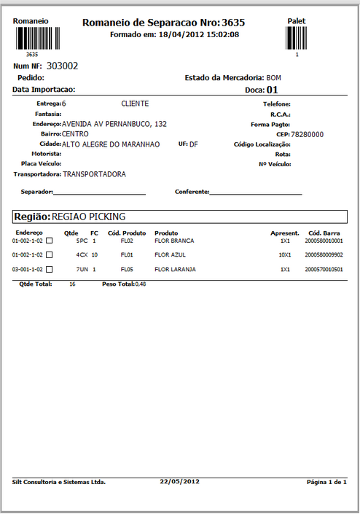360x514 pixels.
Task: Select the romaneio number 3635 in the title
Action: (232, 23)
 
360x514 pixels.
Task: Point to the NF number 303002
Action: (62, 66)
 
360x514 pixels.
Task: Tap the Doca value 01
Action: (273, 90)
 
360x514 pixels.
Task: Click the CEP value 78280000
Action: (307, 135)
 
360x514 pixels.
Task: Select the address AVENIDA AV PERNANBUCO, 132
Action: (114, 124)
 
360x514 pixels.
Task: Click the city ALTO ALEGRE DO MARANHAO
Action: (110, 144)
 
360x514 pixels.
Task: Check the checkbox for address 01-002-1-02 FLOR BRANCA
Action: (50, 241)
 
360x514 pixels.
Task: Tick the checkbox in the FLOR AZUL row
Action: (50, 255)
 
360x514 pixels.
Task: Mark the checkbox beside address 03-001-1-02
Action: (50, 270)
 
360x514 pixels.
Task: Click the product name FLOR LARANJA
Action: (174, 270)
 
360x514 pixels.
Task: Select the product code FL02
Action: (127, 241)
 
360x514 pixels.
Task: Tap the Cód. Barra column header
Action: (325, 233)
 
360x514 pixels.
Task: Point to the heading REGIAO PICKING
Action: (89, 217)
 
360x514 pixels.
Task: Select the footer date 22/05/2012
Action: (179, 482)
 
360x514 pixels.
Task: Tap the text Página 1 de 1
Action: (326, 482)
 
